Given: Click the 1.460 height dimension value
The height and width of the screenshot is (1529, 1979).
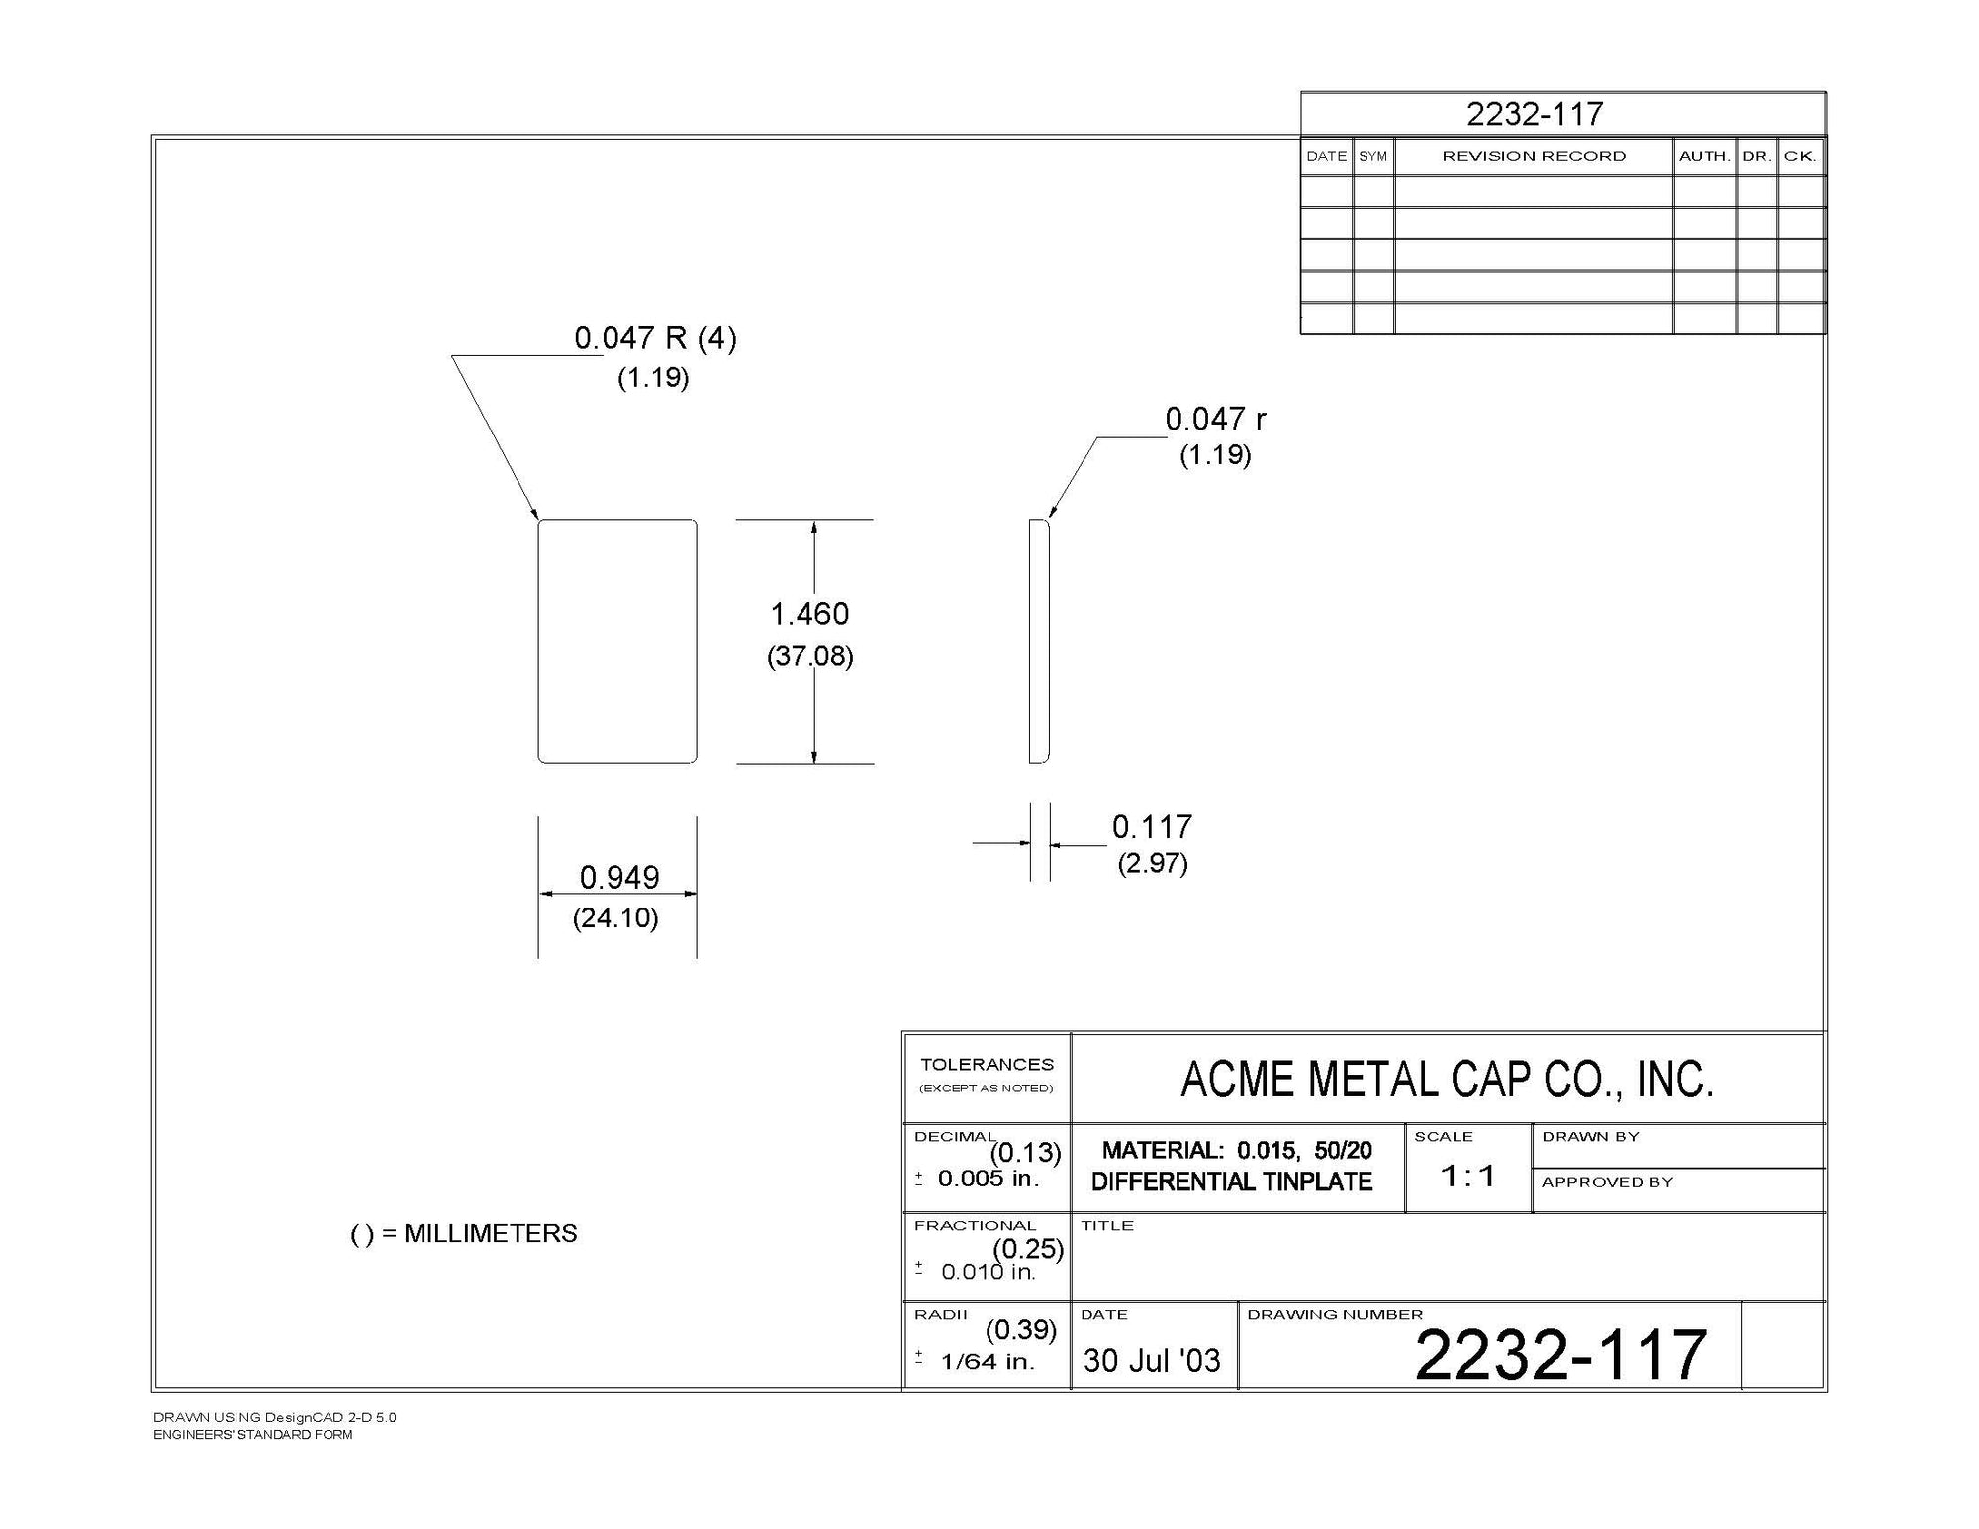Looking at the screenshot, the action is pos(809,615).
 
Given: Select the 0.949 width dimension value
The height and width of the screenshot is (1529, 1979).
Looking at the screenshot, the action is pos(619,878).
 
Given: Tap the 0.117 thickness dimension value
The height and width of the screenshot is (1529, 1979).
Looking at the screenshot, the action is pos(1152,827).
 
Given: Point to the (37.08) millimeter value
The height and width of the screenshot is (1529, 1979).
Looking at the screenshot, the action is pos(810,656).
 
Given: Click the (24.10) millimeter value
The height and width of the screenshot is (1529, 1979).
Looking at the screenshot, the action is pos(615,918).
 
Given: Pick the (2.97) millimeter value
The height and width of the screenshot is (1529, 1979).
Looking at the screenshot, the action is pos(1153,863).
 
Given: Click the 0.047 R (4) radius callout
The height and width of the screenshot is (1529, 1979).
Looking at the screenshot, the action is pos(656,338).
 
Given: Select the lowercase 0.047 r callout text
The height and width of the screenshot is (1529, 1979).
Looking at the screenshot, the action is pos(1215,420).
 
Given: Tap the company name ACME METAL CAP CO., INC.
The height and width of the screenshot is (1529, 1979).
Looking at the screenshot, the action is pos(1447,1079).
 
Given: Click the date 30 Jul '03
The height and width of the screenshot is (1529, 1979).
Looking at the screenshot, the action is pos(1152,1360).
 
